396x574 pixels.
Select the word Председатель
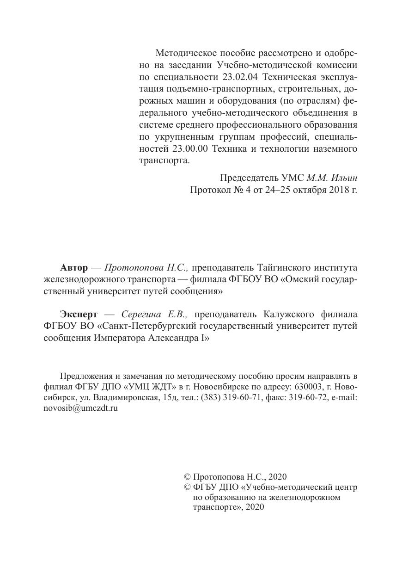249,177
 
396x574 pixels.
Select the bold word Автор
73,268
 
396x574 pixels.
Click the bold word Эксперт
79,315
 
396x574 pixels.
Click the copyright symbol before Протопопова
188,477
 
